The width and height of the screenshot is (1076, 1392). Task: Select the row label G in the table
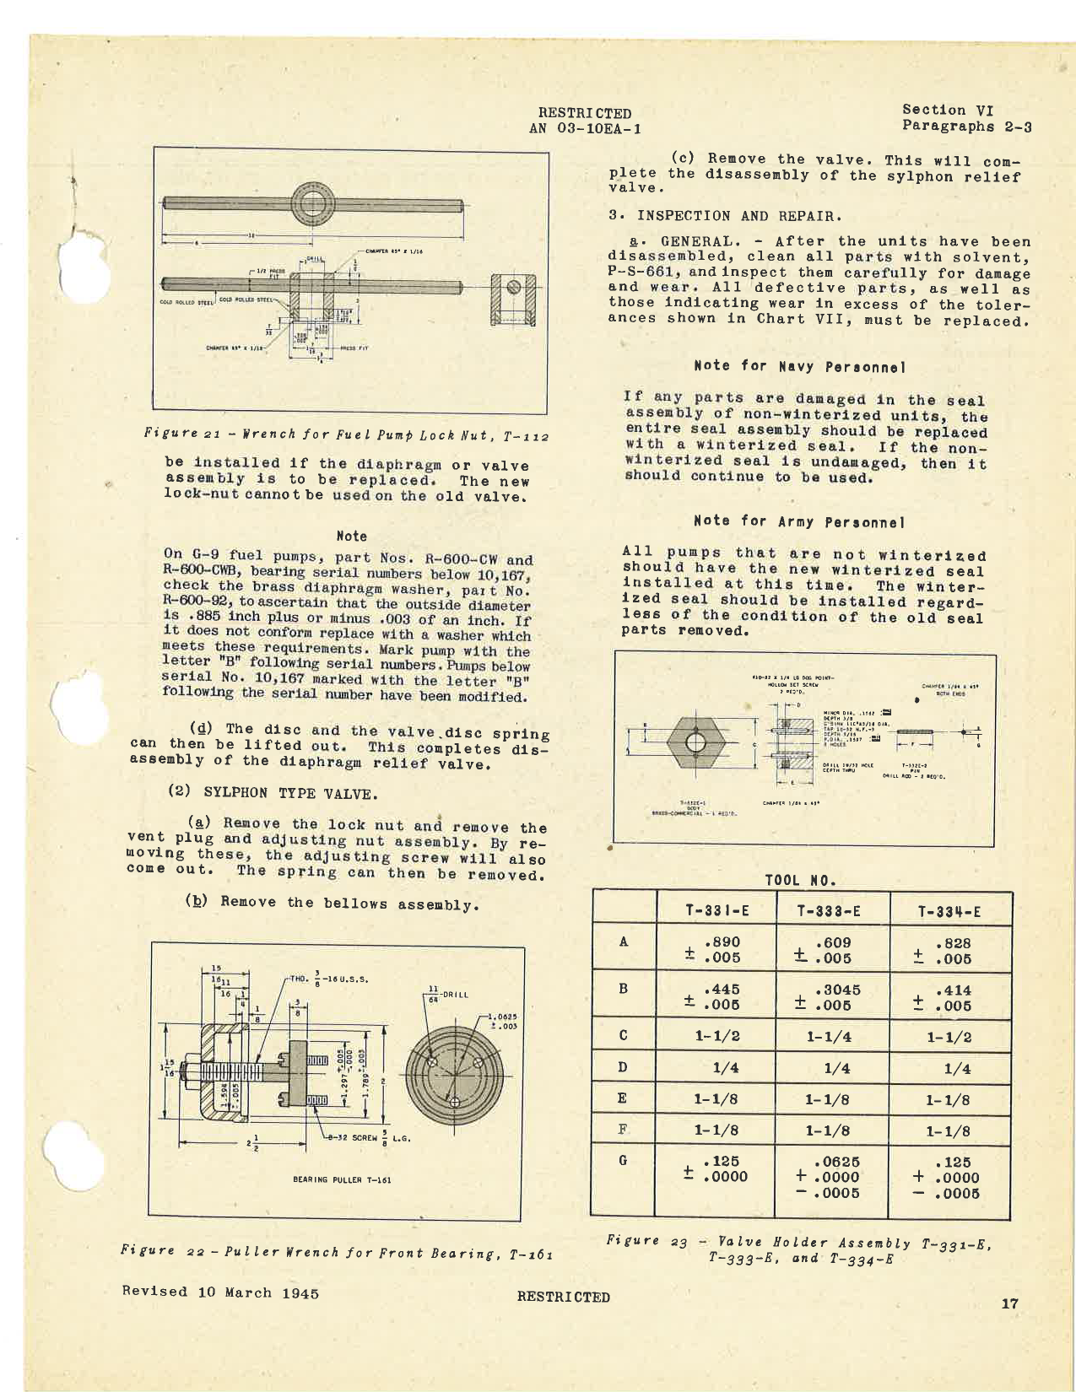(623, 1160)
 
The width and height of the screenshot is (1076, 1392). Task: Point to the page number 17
(1009, 1303)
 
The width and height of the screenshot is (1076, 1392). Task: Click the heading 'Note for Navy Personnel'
(799, 366)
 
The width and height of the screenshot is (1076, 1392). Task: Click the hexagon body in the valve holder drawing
(695, 742)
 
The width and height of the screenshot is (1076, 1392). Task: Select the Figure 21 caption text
(346, 435)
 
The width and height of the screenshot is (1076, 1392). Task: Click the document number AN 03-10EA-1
(584, 129)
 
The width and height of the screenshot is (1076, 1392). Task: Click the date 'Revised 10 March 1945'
(220, 1292)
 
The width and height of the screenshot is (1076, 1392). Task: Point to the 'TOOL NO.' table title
(800, 880)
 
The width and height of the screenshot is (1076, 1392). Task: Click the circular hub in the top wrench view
(313, 204)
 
